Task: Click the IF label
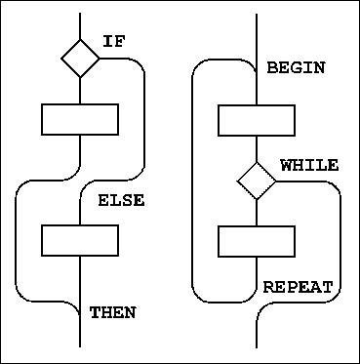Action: coord(115,42)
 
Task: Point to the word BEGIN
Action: coord(296,68)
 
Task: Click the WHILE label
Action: coord(308,166)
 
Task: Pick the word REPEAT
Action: coord(298,288)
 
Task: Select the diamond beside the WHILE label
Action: coord(257,180)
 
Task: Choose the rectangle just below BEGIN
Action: coord(257,120)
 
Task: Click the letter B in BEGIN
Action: coord(271,68)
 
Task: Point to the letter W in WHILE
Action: coord(286,166)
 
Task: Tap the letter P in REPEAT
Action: coord(292,288)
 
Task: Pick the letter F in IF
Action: coord(121,42)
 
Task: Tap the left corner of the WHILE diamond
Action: coord(238,180)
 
